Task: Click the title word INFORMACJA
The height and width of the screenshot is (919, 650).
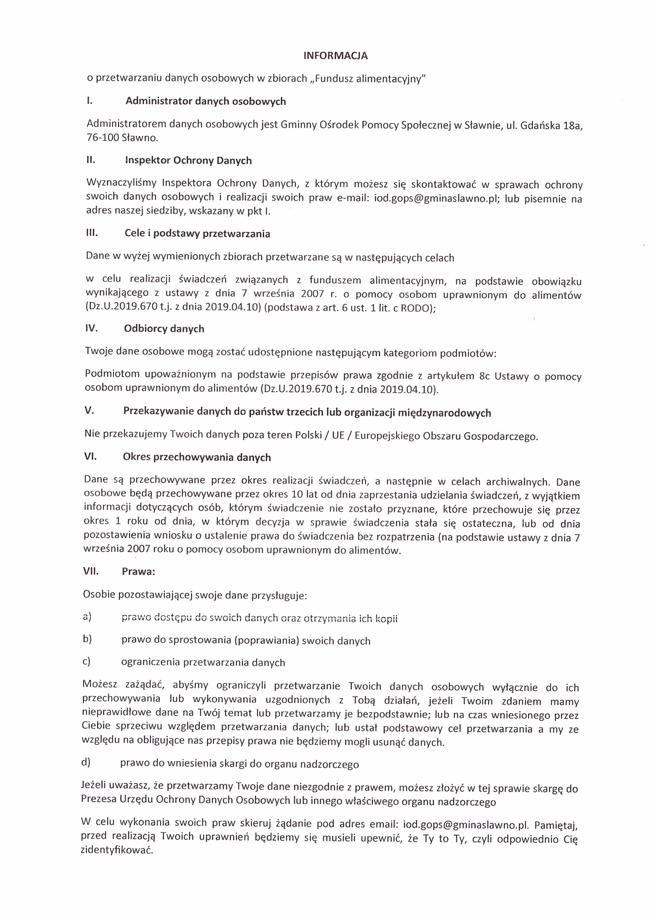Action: click(x=335, y=56)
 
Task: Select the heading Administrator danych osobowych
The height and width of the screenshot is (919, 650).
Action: click(x=205, y=101)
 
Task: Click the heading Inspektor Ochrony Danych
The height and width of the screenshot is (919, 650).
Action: click(x=188, y=160)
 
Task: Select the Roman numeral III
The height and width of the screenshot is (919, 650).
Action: click(x=91, y=233)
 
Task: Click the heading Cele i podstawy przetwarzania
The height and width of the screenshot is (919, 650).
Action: click(x=197, y=234)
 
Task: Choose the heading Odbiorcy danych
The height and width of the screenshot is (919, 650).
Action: click(x=164, y=328)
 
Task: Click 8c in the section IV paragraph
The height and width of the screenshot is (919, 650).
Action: click(x=484, y=376)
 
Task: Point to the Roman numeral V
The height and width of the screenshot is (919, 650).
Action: click(x=89, y=411)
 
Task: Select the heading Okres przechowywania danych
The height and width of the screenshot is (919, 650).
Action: click(x=197, y=457)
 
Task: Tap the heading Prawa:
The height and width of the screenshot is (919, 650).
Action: click(x=138, y=572)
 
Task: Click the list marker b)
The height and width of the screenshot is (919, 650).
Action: click(x=87, y=639)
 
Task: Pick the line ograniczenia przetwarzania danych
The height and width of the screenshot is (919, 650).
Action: click(x=203, y=662)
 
